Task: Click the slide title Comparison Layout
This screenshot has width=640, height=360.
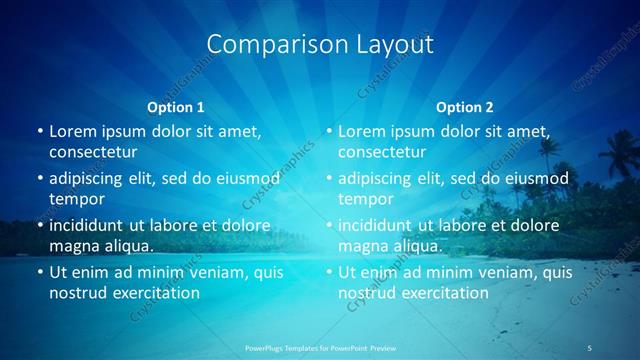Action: coord(320,45)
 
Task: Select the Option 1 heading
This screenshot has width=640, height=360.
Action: coord(176,107)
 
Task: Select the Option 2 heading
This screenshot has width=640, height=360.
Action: coord(464,107)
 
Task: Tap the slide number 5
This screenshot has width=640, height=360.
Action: coord(591,347)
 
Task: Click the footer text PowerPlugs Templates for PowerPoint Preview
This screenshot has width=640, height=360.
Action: coord(319,347)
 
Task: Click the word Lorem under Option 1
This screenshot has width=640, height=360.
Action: coord(73,131)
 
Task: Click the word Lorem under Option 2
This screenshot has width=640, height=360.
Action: coord(362,131)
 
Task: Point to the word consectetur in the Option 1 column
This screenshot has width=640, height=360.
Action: coord(93,152)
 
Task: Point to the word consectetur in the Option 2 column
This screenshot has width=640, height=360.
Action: coord(382,152)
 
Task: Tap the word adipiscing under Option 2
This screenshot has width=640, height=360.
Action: coord(378,179)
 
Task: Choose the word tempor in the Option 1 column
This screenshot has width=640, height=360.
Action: coord(76,199)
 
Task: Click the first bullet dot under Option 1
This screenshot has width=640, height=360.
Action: coord(39,131)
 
